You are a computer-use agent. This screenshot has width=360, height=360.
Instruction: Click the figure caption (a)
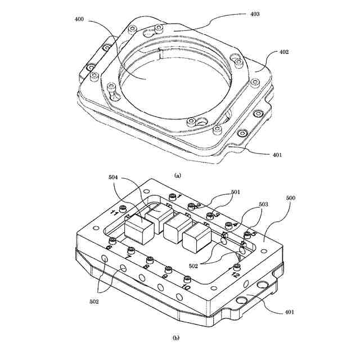point(178,175)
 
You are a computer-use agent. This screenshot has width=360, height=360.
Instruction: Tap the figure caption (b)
point(176,338)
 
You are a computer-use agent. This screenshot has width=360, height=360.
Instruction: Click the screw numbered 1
point(172,196)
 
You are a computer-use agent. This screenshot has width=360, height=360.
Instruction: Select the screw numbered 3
point(210,215)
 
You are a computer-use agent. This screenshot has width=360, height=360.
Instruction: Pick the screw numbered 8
point(150,259)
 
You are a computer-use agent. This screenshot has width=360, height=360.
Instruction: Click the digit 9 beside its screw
point(165,276)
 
